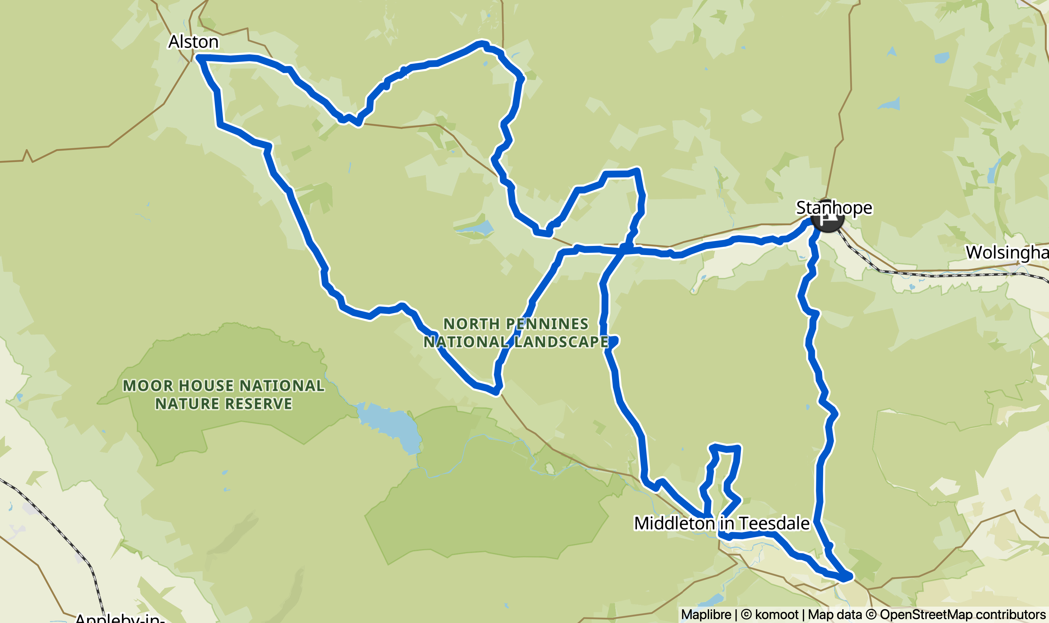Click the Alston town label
click(x=193, y=42)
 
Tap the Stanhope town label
click(x=834, y=208)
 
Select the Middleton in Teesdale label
click(x=721, y=523)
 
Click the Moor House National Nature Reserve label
click(x=224, y=395)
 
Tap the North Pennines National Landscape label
click(x=516, y=333)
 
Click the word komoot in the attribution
click(x=776, y=614)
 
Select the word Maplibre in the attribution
click(x=706, y=614)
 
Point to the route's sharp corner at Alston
click(x=199, y=57)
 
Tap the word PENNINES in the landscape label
click(x=547, y=324)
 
